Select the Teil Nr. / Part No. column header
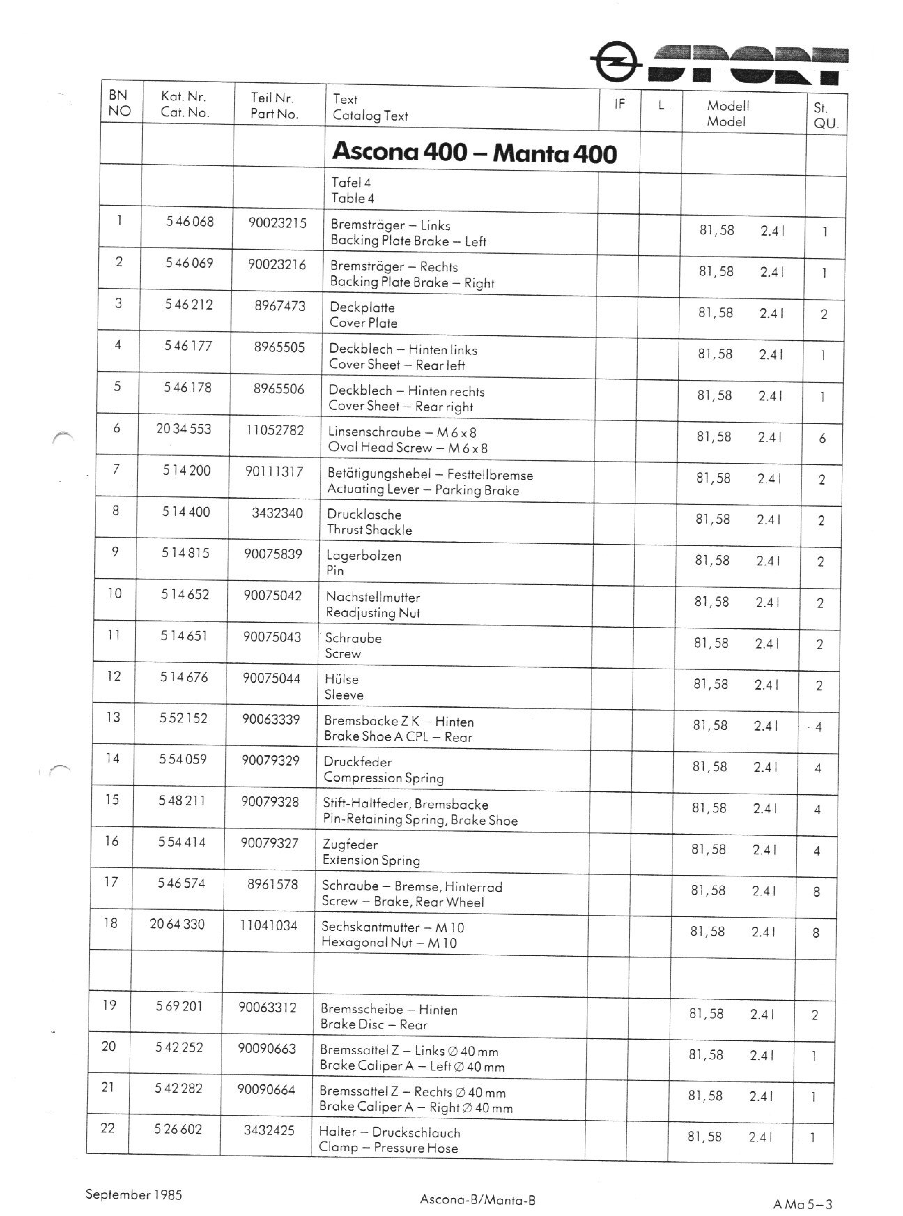pos(274,106)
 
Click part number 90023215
pos(277,223)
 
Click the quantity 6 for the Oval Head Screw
pos(822,438)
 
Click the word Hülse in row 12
pos(342,679)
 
